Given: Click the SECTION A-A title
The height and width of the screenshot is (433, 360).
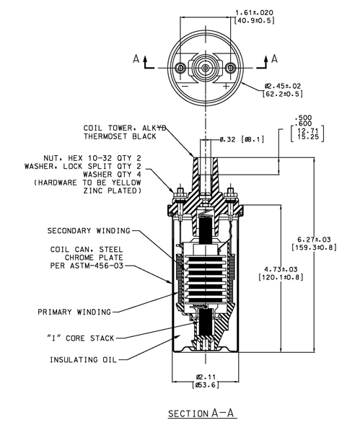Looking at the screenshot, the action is pyautogui.click(x=202, y=414).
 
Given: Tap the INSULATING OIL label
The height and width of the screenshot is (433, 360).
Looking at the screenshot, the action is pyautogui.click(x=84, y=360).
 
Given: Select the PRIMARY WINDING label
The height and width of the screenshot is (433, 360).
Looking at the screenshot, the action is pyautogui.click(x=74, y=312).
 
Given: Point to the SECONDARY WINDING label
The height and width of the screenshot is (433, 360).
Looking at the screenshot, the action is pyautogui.click(x=89, y=231).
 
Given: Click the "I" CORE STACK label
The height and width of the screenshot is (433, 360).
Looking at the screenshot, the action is pyautogui.click(x=81, y=338).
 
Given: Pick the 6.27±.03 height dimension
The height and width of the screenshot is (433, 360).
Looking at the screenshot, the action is pyautogui.click(x=314, y=243).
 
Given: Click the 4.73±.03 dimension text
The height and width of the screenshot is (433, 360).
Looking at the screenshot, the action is pyautogui.click(x=281, y=273).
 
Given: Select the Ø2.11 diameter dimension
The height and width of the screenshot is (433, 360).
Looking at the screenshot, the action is pyautogui.click(x=206, y=381).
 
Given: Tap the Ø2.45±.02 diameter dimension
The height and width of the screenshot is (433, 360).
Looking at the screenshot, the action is pyautogui.click(x=282, y=90).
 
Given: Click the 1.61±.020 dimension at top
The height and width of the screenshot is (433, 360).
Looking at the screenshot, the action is pyautogui.click(x=254, y=17).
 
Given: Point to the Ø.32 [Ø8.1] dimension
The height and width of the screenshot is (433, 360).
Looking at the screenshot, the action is pyautogui.click(x=242, y=139).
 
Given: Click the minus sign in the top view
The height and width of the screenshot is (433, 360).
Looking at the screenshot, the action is pyautogui.click(x=185, y=86).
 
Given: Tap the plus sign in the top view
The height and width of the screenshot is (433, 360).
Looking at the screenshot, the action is pyautogui.click(x=226, y=86).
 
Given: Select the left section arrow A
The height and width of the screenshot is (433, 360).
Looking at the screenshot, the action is pyautogui.click(x=143, y=62).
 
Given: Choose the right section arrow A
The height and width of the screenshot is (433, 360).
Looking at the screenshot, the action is pyautogui.click(x=268, y=62).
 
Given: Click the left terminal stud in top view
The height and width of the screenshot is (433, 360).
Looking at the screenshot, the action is pyautogui.click(x=180, y=68).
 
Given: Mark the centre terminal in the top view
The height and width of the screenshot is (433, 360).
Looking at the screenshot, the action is pyautogui.click(x=206, y=68).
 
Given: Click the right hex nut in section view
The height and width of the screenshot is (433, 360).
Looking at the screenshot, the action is pyautogui.click(x=230, y=191).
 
